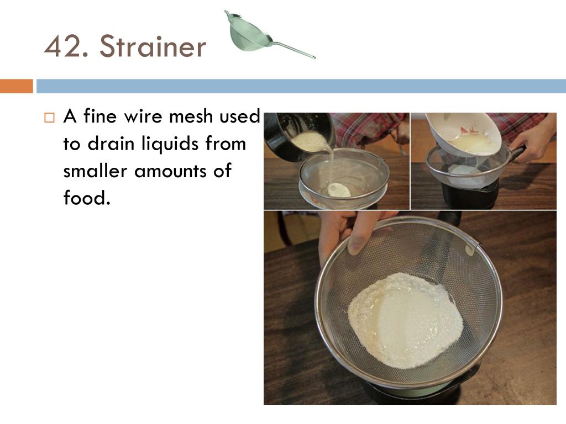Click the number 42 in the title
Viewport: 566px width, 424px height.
pyautogui.click(x=66, y=47)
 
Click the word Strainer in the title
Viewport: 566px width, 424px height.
pyautogui.click(x=153, y=47)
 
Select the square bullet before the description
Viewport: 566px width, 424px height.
pyautogui.click(x=50, y=118)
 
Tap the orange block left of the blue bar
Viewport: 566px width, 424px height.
pyautogui.click(x=17, y=86)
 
